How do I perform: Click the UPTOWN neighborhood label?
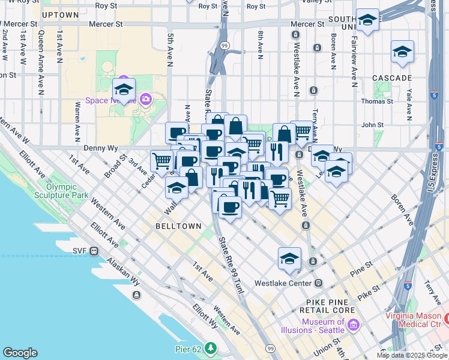click(61, 14)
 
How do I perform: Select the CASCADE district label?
click(391, 78)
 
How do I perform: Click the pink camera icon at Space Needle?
click(145, 98)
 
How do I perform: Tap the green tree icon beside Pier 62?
click(210, 347)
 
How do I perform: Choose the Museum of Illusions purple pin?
click(353, 326)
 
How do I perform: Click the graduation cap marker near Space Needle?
click(124, 90)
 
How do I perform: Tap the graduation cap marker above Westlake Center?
click(289, 259)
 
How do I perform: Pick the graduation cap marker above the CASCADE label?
click(402, 52)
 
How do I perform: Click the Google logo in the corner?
click(20, 353)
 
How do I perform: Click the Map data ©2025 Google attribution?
click(412, 355)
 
